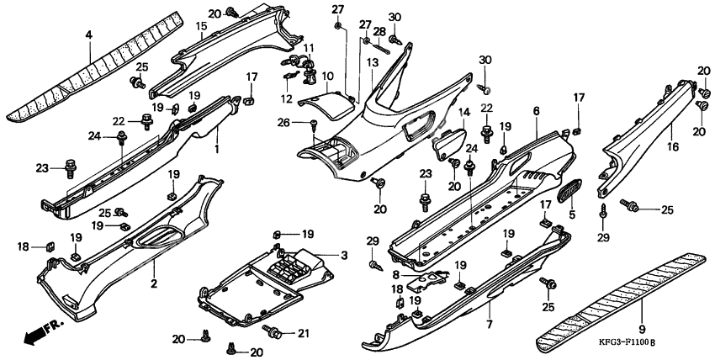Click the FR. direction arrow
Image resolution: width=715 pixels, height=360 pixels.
pyautogui.click(x=42, y=332)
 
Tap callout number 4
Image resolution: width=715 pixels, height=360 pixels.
pyautogui.click(x=89, y=34)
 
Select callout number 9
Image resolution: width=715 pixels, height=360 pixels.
pyautogui.click(x=642, y=329)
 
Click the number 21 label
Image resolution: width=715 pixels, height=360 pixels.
pyautogui.click(x=303, y=334)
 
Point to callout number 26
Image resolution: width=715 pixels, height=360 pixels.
pyautogui.click(x=283, y=122)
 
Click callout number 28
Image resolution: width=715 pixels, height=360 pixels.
pyautogui.click(x=379, y=31)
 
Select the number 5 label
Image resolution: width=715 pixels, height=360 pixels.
pyautogui.click(x=572, y=214)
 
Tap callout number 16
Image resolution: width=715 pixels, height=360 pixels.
pyautogui.click(x=673, y=146)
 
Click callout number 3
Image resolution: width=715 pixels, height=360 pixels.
pyautogui.click(x=344, y=255)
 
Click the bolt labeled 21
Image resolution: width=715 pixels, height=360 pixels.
pyautogui.click(x=273, y=331)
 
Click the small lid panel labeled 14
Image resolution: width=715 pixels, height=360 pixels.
pyautogui.click(x=448, y=143)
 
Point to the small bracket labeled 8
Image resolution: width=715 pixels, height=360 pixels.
pyautogui.click(x=426, y=280)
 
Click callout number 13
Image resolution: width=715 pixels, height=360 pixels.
pyautogui.click(x=373, y=62)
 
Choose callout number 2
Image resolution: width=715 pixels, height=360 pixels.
pyautogui.click(x=154, y=283)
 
